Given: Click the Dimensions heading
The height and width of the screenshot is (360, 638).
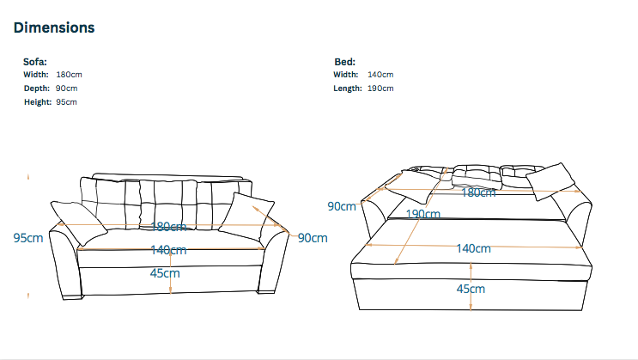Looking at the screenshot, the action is point(54,27).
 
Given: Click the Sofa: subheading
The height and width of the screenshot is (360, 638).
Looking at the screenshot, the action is point(35,62).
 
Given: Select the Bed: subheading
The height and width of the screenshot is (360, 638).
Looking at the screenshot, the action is point(344,62).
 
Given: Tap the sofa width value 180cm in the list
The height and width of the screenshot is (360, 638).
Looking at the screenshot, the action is point(70,75).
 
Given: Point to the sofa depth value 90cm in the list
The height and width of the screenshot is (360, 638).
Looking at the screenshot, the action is point(67,88).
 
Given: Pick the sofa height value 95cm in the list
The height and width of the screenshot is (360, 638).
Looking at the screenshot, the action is point(66,102).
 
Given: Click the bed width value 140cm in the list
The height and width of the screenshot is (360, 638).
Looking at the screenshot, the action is point(380,75).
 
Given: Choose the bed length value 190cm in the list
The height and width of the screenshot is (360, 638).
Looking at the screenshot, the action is point(380,88).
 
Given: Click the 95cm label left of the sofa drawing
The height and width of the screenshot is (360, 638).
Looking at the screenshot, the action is point(28,238).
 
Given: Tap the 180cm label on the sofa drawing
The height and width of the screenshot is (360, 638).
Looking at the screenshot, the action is point(168,227).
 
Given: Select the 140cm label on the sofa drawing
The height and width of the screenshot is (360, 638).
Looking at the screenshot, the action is point(168,250).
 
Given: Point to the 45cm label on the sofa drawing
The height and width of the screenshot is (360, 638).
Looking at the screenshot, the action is point(165,273).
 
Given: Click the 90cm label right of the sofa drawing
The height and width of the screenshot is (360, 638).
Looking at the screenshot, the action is point(313,238).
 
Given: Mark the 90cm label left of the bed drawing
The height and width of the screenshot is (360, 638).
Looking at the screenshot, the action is point(342,206).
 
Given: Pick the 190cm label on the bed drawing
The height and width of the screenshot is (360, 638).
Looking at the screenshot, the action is point(423,214).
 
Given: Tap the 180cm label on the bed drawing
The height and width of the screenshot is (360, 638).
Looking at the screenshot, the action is point(478,192).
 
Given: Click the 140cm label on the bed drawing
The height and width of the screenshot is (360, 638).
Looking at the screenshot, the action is point(474,248).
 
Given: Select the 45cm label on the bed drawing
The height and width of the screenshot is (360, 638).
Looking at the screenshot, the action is point(471,289).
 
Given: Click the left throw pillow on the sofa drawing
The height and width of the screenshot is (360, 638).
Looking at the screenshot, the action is point(78,223).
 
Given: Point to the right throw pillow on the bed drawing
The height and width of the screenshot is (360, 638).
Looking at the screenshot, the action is point(550,181).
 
